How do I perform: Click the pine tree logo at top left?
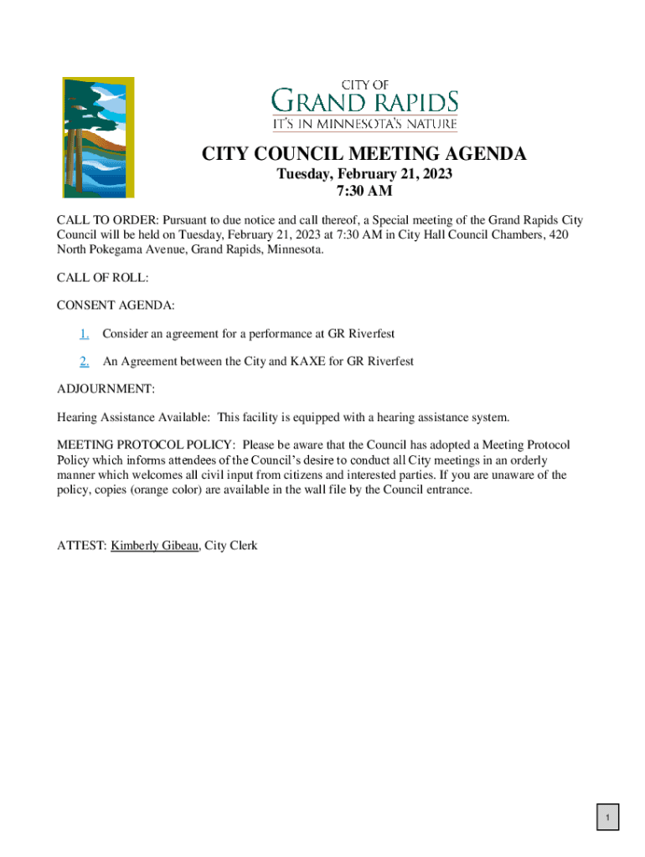coord(98,137)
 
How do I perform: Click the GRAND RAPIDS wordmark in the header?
coord(364,103)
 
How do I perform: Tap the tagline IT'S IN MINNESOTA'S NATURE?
coord(364,125)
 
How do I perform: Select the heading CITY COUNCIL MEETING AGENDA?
coord(364,154)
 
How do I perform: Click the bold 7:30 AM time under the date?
coord(364,192)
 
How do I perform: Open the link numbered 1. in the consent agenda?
coord(85,334)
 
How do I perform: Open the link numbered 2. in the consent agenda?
coord(85,362)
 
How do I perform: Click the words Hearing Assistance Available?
coord(127,417)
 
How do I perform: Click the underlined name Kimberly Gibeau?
coord(155,546)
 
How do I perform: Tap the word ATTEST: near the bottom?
coord(81,546)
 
